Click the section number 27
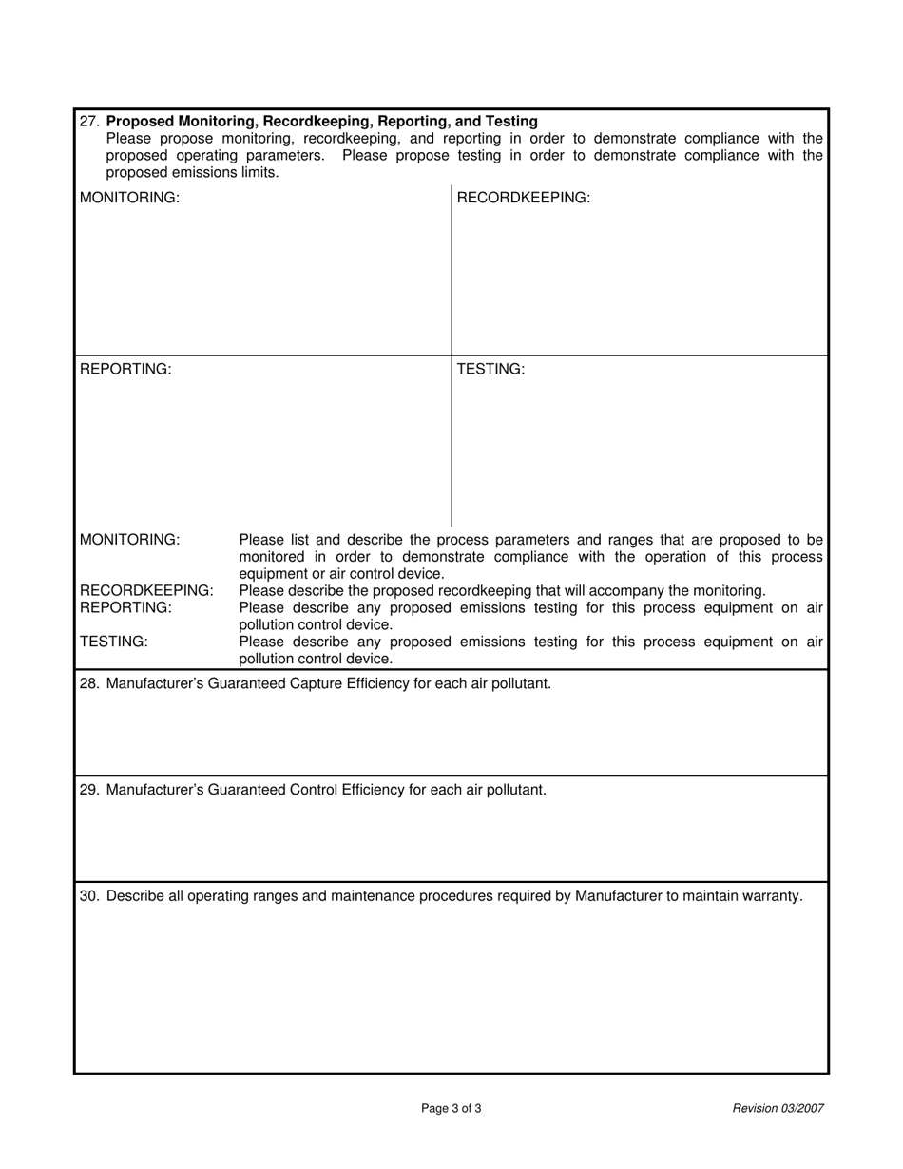90,122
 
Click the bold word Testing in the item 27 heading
511,122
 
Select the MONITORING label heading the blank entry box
129,198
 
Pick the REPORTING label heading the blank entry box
125,369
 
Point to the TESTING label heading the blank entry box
490,369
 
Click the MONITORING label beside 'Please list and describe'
129,540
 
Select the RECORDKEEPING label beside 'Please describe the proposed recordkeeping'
146,591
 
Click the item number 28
90,683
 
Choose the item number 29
90,790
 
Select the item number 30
90,896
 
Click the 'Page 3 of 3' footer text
451,1108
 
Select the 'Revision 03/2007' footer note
778,1108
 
